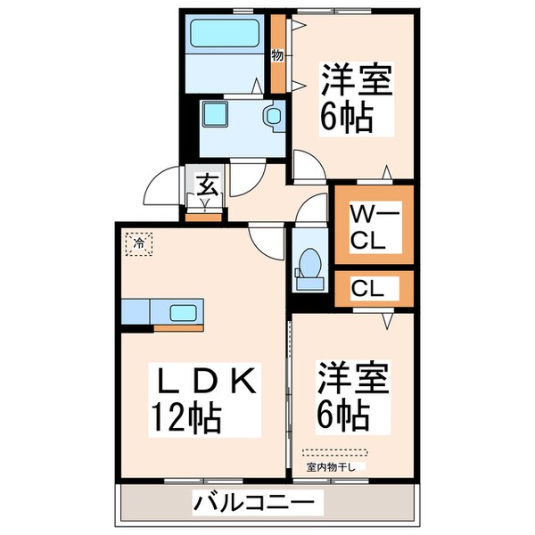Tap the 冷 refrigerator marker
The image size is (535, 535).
139,241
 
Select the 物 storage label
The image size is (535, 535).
277,55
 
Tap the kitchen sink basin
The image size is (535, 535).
185,313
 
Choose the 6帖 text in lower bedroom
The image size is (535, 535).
342,415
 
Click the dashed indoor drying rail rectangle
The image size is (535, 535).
334,452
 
